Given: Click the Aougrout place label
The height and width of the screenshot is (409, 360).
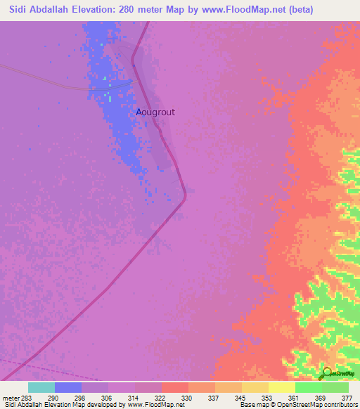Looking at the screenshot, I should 155,112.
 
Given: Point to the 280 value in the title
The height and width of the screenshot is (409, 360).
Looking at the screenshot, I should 134,10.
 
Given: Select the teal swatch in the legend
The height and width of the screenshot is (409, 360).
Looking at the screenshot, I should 41,387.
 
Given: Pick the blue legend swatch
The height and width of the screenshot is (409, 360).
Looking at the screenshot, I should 68,387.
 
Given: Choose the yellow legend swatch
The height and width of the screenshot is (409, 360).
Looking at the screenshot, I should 282,387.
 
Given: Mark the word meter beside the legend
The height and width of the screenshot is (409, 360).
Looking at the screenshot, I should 11,398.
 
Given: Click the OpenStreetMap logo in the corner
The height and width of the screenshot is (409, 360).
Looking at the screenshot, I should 337,374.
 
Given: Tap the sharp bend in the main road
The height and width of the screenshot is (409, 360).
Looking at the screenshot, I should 185,194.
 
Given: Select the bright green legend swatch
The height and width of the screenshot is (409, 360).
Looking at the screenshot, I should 309,387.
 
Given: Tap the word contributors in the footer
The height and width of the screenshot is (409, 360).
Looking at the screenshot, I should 340,405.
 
